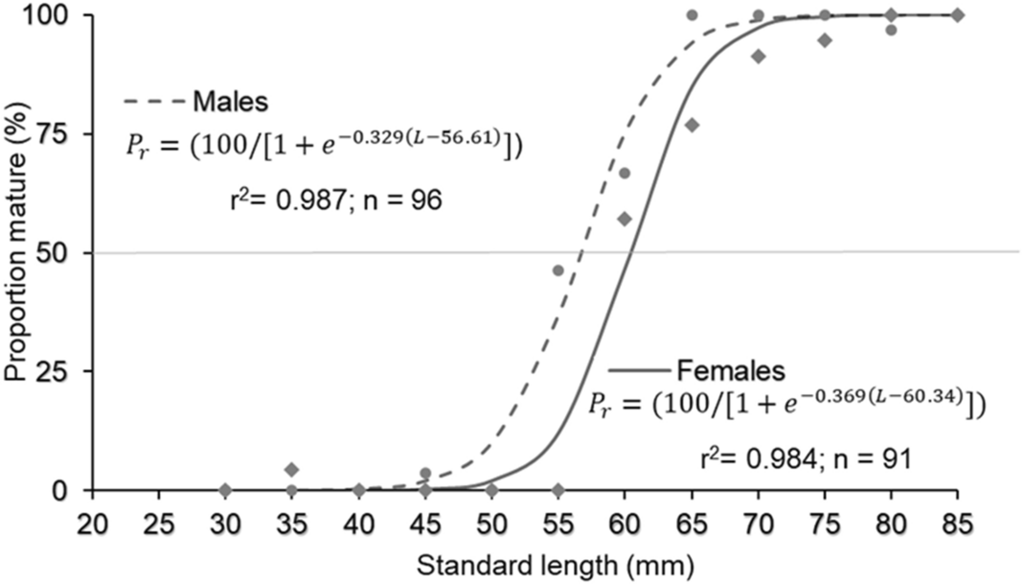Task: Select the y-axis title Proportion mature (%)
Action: (x=15, y=251)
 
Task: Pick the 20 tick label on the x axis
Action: (x=92, y=523)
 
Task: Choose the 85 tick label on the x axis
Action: (x=957, y=523)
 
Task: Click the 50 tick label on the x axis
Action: (x=491, y=523)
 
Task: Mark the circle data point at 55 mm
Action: (x=557, y=270)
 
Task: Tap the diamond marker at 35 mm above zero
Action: (x=292, y=469)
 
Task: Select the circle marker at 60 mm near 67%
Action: (x=625, y=173)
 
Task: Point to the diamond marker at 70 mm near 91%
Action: (x=759, y=57)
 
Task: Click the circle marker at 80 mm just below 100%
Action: (x=891, y=30)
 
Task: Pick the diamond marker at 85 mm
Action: (x=957, y=14)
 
